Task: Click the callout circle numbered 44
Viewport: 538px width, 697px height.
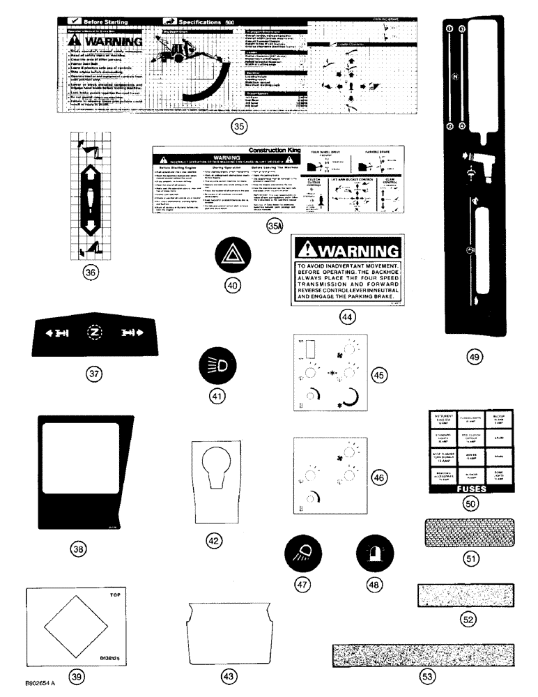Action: click(347, 316)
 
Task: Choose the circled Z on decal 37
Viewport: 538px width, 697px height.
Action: click(94, 332)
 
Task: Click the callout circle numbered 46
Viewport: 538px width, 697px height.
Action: click(378, 478)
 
